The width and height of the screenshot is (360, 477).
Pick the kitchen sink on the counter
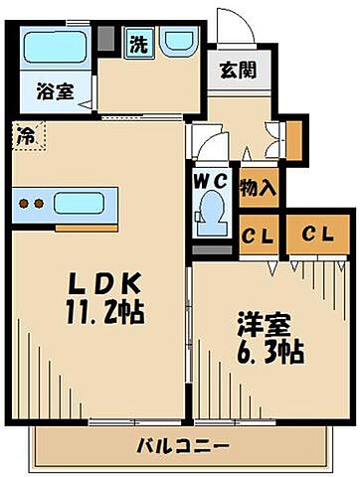click(x=83, y=204)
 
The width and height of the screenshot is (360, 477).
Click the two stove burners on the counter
click(x=32, y=205)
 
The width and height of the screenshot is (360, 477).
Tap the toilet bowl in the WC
click(x=210, y=215)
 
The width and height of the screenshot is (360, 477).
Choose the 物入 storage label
click(x=258, y=187)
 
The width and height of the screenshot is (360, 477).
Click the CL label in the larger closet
click(x=317, y=234)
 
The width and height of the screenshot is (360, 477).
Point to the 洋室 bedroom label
click(x=258, y=324)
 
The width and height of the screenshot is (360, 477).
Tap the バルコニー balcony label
click(x=183, y=444)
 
